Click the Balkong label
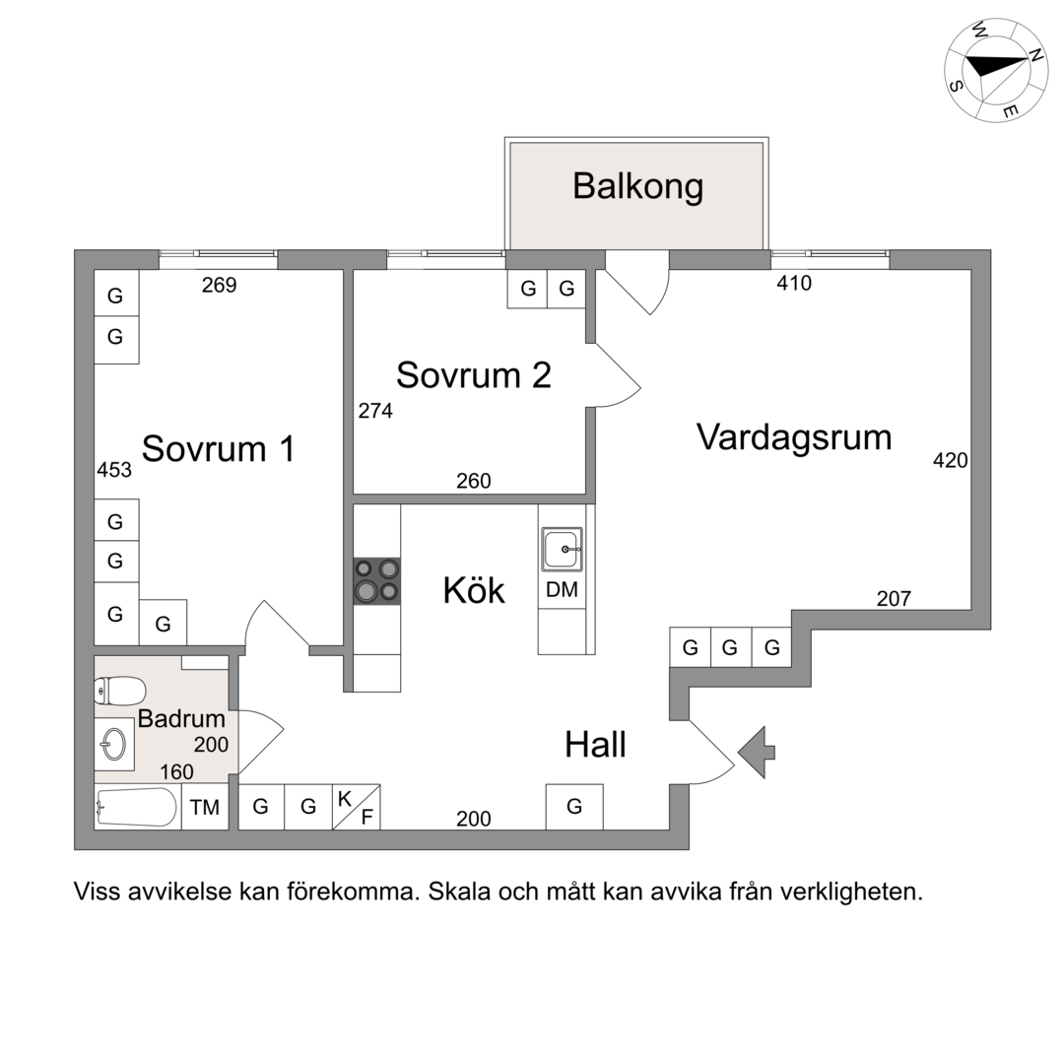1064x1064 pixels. pos(637,186)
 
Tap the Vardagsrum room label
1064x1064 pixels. pos(793,436)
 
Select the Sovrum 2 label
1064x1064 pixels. pos(473,375)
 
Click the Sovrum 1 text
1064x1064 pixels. pos(219,448)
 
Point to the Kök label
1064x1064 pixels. pos(473,591)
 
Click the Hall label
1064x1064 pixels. pos(595,745)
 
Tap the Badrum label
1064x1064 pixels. pos(181,719)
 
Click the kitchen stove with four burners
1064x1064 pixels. pos(377,579)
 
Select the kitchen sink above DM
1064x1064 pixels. pos(563,548)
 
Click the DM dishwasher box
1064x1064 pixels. pos(563,590)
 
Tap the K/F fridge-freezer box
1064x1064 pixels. pos(356,807)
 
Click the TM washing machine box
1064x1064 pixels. pos(205,808)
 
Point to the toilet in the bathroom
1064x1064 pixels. pos(120,691)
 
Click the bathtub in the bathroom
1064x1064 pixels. pos(138,808)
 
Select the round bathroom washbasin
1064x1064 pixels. pos(115,744)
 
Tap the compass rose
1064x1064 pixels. pos(995,69)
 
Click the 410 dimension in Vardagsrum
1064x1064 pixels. pos(793,284)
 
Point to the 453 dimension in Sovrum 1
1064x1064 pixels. pos(114,470)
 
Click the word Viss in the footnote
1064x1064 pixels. pos(96,893)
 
